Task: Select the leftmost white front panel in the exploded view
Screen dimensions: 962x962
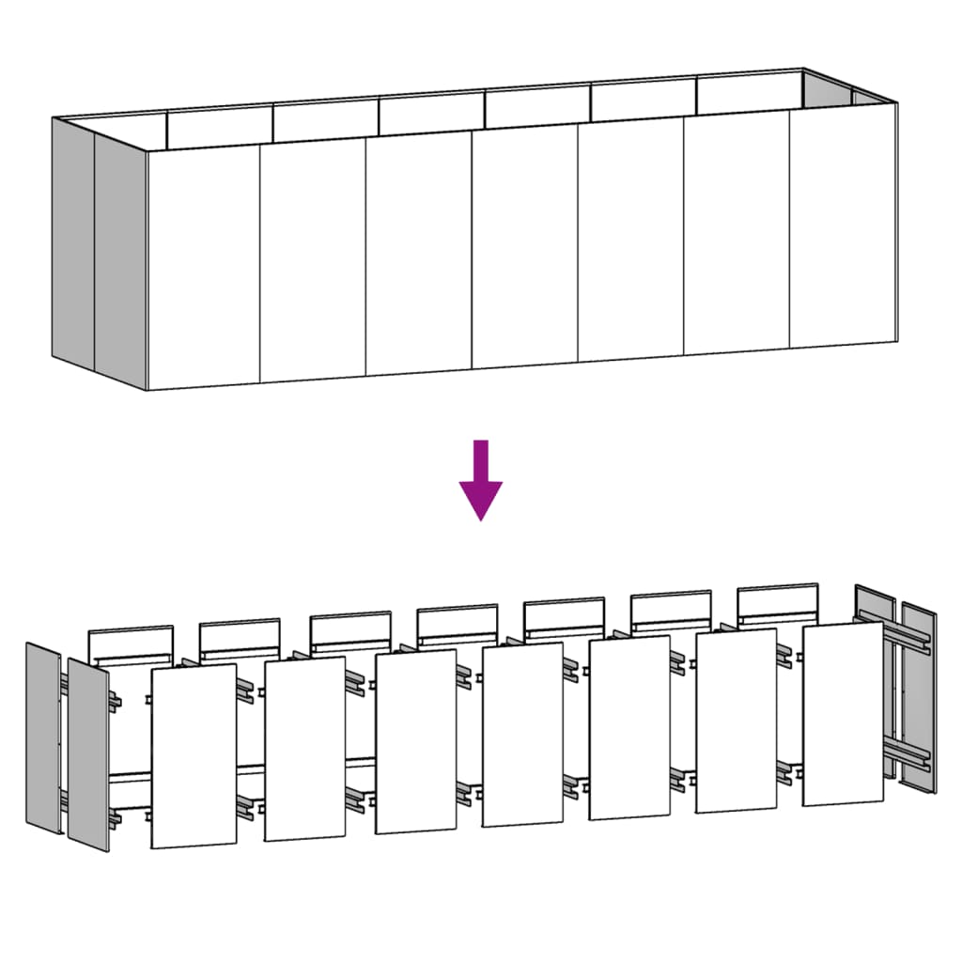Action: point(193,756)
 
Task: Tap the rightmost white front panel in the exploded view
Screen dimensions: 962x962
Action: point(843,714)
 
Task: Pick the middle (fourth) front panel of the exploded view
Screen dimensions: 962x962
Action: point(521,735)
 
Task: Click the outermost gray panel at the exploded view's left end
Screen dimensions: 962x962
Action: point(42,737)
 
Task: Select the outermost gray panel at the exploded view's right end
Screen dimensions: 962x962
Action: point(919,695)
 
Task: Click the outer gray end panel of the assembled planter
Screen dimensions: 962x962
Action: point(73,244)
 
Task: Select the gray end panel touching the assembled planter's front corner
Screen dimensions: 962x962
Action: point(120,258)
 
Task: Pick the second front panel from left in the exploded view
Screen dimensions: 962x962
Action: point(304,749)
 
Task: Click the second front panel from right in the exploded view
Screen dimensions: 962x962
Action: point(736,721)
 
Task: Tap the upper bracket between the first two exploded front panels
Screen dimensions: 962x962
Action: point(247,686)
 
